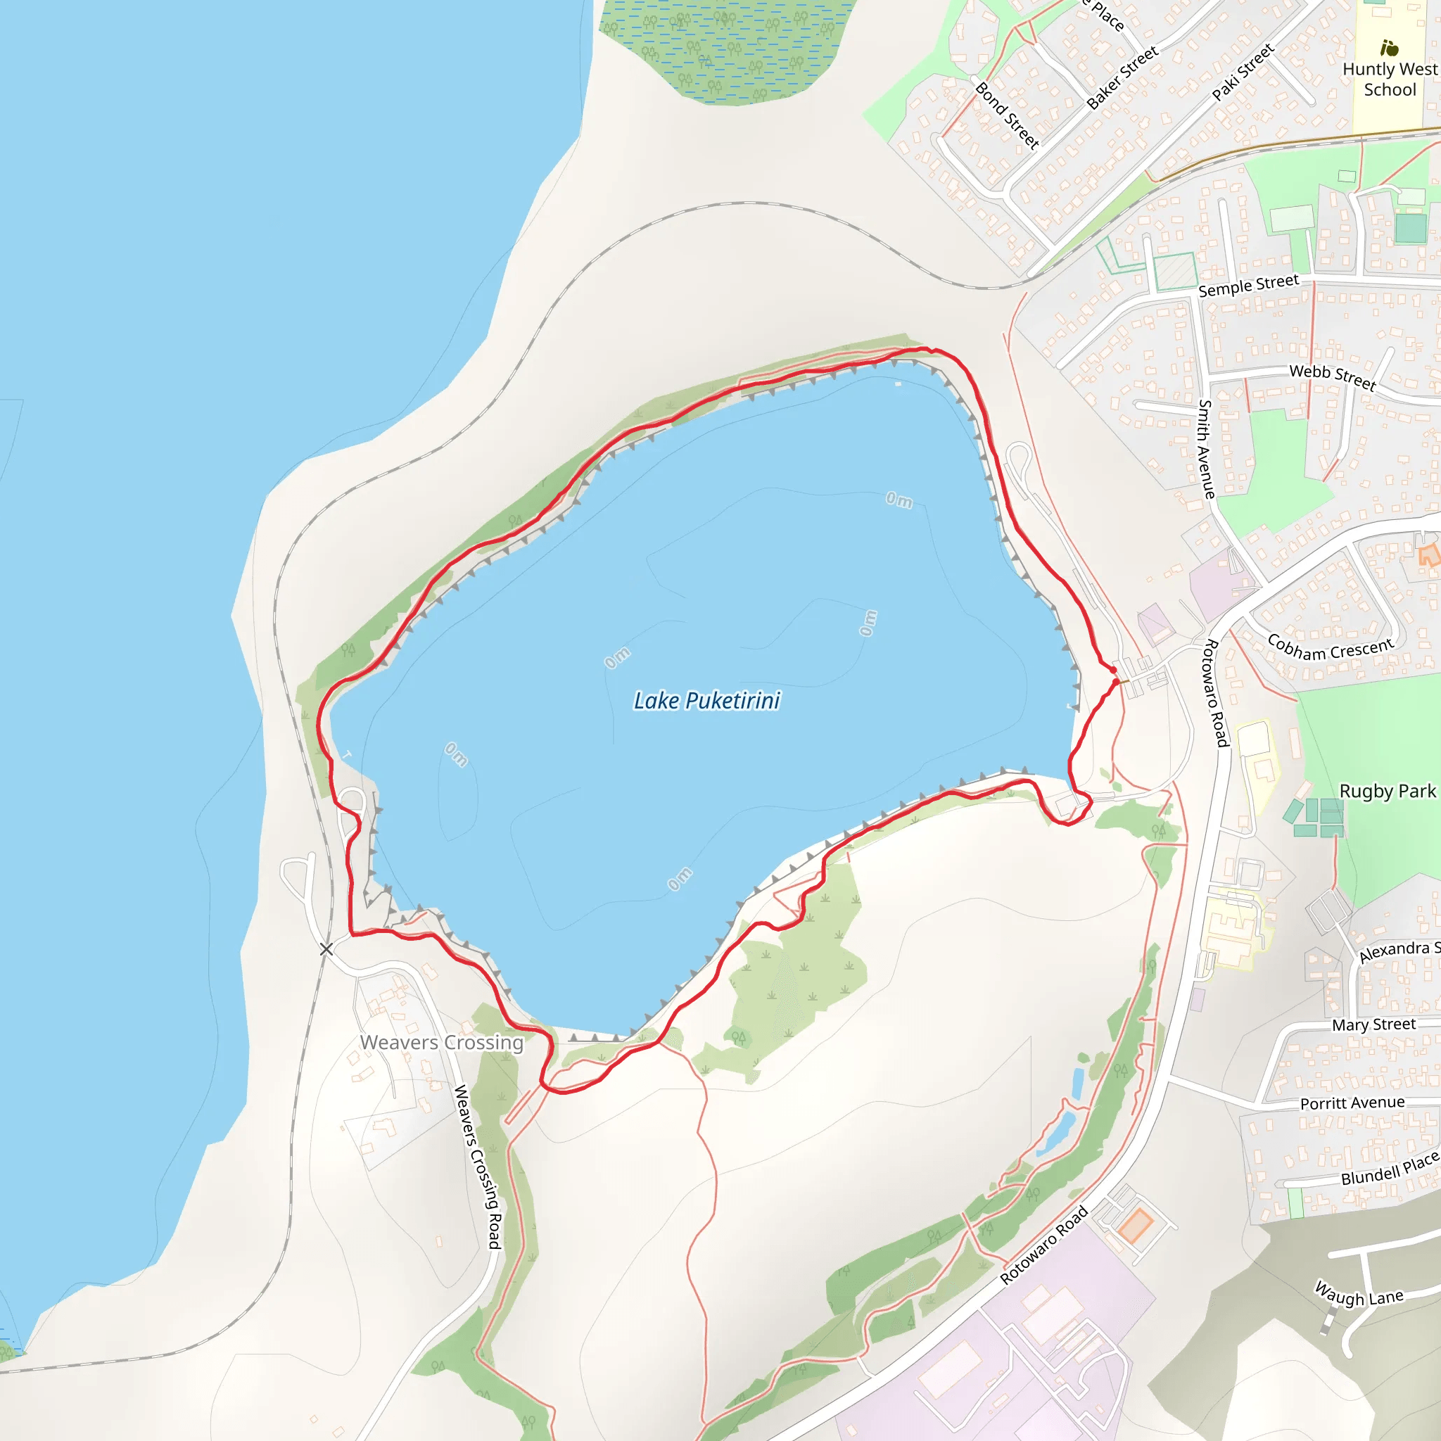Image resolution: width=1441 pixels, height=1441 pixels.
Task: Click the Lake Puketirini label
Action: coord(706,700)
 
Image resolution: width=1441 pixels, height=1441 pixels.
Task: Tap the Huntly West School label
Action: coord(1389,79)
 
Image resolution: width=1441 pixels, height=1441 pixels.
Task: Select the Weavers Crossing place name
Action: coord(442,1042)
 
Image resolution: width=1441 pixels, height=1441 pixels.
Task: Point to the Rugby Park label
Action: coord(1387,791)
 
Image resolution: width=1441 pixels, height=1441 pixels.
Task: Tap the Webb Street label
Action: coord(1332,376)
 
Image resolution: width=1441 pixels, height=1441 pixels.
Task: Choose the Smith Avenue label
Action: coord(1206,449)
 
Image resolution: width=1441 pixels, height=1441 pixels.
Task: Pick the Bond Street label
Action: coord(1007,115)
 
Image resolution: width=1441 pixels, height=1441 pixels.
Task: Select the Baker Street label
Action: coord(1122,77)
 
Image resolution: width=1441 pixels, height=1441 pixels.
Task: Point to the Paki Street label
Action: coord(1243,72)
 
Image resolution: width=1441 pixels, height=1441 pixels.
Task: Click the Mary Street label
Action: coord(1373,1024)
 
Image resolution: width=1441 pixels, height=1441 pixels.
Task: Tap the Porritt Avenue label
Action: coord(1352,1103)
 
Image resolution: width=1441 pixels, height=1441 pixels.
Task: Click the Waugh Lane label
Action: coord(1358,1293)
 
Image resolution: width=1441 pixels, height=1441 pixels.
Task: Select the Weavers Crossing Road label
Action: coord(477,1167)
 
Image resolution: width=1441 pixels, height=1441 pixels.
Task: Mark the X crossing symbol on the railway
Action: coord(326,948)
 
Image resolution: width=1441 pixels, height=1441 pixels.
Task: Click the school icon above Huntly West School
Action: coord(1388,49)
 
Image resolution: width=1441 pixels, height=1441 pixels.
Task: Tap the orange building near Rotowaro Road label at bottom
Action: coord(1136,1226)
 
